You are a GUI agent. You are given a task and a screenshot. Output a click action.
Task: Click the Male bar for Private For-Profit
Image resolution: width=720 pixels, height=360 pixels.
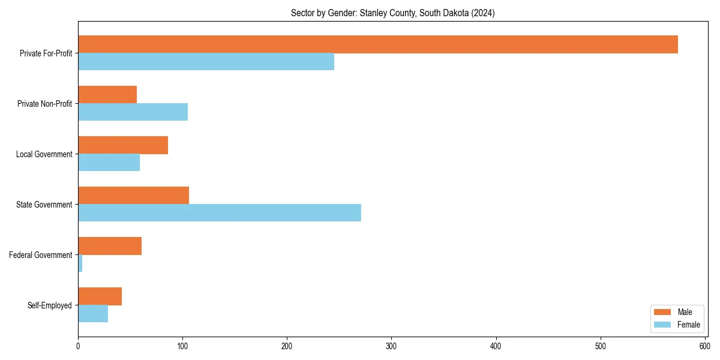click(x=378, y=44)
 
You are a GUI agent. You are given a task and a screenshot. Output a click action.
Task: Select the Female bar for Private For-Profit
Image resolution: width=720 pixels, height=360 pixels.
click(x=206, y=62)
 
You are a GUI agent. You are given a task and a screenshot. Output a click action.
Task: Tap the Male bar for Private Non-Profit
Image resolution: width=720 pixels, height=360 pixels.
click(x=107, y=95)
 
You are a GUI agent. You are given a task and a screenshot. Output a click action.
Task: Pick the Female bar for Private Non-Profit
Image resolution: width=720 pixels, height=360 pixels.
click(x=133, y=112)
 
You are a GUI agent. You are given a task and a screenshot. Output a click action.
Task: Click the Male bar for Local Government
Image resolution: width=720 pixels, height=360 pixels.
click(x=123, y=145)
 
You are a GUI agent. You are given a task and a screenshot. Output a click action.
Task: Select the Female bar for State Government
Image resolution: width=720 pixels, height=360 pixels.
click(x=220, y=212)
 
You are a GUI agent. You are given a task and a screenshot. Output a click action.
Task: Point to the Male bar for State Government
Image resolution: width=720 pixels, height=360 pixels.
click(x=133, y=196)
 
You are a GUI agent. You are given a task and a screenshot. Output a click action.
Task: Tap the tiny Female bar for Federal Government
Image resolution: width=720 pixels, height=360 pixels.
click(x=80, y=263)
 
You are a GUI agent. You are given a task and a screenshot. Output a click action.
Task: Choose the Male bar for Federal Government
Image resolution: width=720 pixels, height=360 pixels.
click(x=110, y=246)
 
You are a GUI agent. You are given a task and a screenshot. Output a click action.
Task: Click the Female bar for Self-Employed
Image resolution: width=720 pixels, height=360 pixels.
click(x=93, y=314)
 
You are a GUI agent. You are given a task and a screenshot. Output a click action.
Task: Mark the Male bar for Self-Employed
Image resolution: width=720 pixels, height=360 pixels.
click(x=100, y=296)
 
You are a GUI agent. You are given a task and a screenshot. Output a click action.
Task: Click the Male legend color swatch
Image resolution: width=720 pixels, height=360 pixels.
click(x=662, y=312)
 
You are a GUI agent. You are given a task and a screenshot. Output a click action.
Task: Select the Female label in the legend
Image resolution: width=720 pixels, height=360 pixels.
click(x=688, y=325)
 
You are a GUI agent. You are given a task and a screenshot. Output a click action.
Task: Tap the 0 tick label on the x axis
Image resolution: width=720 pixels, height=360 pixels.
click(x=78, y=346)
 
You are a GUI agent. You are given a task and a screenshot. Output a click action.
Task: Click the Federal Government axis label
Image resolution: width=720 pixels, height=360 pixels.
click(x=41, y=255)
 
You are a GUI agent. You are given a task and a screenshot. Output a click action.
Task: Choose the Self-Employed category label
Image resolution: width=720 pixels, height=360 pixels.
click(x=50, y=305)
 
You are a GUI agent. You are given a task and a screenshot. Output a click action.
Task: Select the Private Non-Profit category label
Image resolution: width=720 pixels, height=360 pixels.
click(x=44, y=104)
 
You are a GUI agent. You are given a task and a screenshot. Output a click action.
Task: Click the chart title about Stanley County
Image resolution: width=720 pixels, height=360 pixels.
click(x=392, y=13)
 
